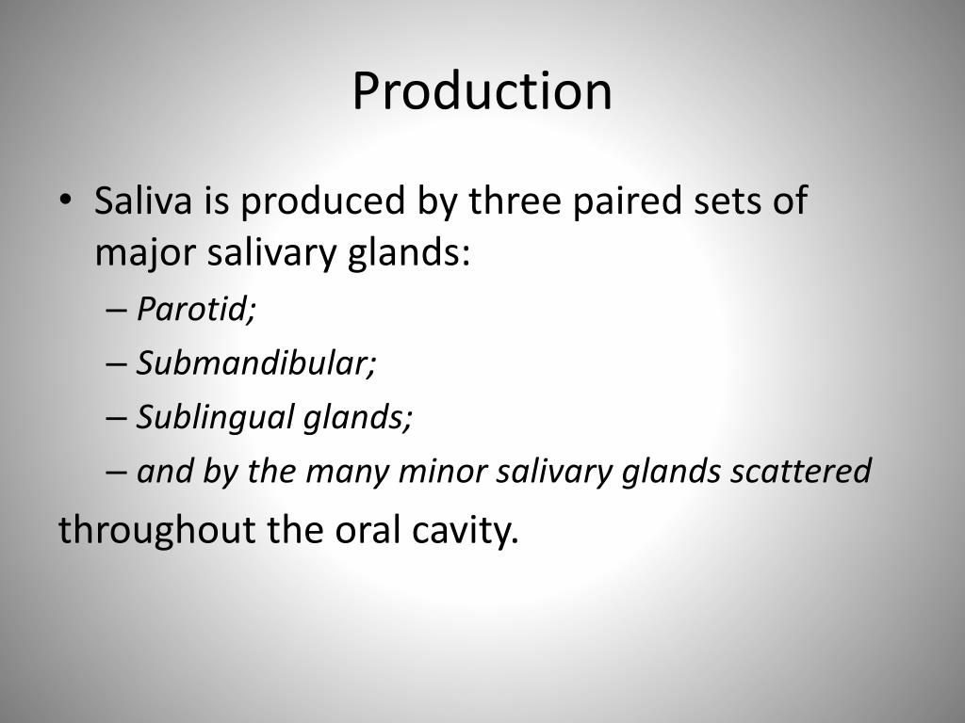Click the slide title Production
point(482,91)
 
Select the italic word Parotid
point(196,310)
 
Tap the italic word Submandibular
point(256,363)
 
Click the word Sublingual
point(215,417)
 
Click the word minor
point(435,471)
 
